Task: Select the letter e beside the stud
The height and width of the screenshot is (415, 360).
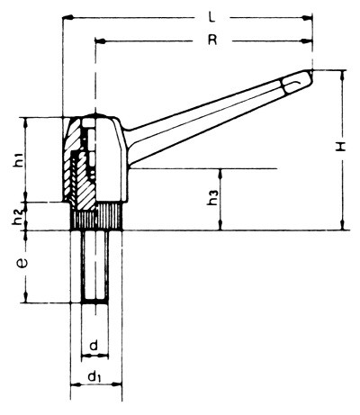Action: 19,266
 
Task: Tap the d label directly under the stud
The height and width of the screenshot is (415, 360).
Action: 94,345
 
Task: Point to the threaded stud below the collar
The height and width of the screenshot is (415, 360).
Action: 94,266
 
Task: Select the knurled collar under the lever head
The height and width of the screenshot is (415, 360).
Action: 94,218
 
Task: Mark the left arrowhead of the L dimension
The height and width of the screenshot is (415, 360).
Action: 67,17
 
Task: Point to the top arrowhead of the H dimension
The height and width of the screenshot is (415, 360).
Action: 343,76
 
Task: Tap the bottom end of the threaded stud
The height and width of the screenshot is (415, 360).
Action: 94,302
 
